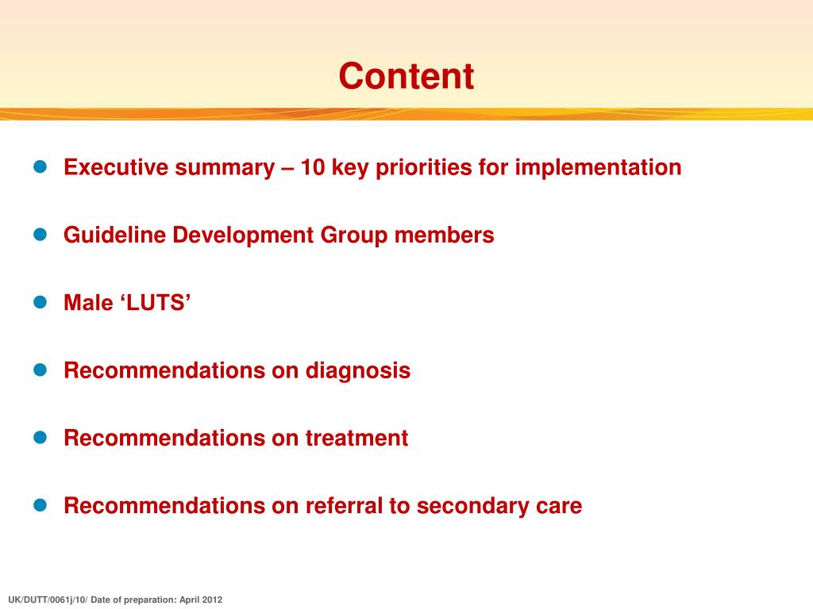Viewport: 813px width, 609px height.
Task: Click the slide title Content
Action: (x=406, y=76)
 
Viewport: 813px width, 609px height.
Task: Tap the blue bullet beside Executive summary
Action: (x=41, y=167)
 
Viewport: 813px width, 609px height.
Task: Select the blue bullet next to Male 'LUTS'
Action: (x=41, y=302)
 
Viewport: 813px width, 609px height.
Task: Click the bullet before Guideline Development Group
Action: (x=41, y=235)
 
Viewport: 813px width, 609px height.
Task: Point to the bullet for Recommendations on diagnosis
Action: (x=41, y=370)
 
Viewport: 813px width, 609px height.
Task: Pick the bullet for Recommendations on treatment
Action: (x=41, y=437)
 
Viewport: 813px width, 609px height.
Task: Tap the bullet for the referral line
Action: (x=41, y=505)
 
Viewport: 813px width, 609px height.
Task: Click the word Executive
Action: (x=118, y=167)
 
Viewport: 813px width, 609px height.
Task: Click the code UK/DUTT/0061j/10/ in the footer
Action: (x=46, y=600)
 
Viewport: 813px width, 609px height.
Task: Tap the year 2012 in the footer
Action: (x=211, y=600)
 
